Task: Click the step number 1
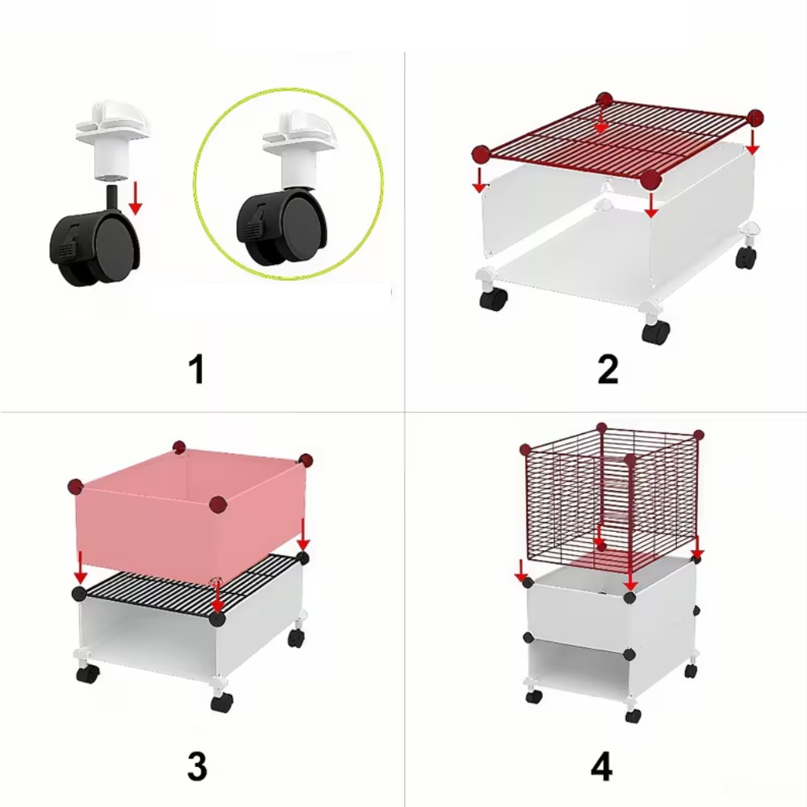pyautogui.click(x=197, y=368)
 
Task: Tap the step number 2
pyautogui.click(x=608, y=368)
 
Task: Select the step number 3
pyautogui.click(x=197, y=766)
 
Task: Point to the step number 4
pyautogui.click(x=602, y=766)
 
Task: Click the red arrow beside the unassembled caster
pyautogui.click(x=135, y=197)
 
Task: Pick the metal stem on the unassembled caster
pyautogui.click(x=112, y=199)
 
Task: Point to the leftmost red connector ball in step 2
pyautogui.click(x=481, y=154)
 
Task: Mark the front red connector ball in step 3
pyautogui.click(x=219, y=505)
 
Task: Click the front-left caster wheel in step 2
pyautogui.click(x=493, y=299)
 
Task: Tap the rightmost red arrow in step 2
pyautogui.click(x=752, y=142)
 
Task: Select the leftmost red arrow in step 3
pyautogui.click(x=80, y=567)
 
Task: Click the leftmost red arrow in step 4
pyautogui.click(x=521, y=570)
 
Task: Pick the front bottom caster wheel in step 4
pyautogui.click(x=633, y=715)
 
